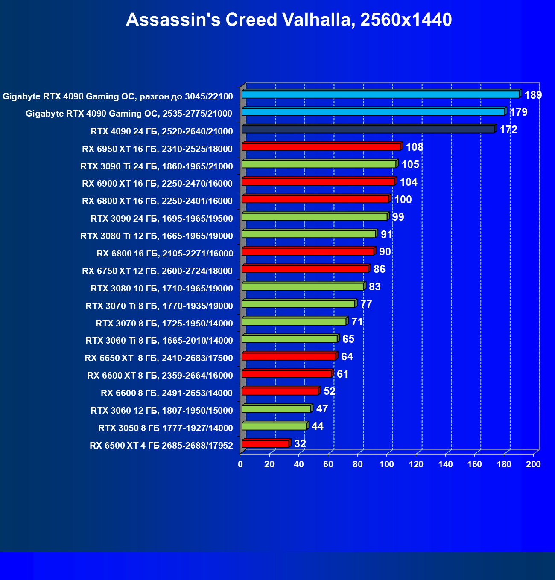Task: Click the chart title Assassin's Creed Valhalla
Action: coord(289,20)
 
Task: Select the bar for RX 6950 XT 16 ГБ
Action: coord(321,147)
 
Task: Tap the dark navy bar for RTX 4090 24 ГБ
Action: coord(368,129)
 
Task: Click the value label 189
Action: coord(533,95)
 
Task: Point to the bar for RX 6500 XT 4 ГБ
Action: coord(265,444)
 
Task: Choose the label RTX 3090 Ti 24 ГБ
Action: coord(157,166)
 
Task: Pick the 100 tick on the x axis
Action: coord(387,464)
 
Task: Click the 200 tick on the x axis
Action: coord(533,464)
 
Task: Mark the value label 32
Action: coord(300,444)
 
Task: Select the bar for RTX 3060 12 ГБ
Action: coord(276,409)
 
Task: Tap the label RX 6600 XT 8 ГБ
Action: coord(160,375)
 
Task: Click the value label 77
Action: coord(366,304)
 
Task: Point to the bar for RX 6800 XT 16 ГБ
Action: coord(315,199)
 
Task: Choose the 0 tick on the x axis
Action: coord(241,464)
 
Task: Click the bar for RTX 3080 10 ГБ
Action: coord(303,287)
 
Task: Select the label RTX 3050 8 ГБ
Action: coord(166,428)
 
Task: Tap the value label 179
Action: coord(519,112)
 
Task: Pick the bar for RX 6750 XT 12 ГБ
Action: coord(305,269)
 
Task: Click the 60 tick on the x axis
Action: coord(328,464)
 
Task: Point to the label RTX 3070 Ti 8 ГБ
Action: coord(159,306)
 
